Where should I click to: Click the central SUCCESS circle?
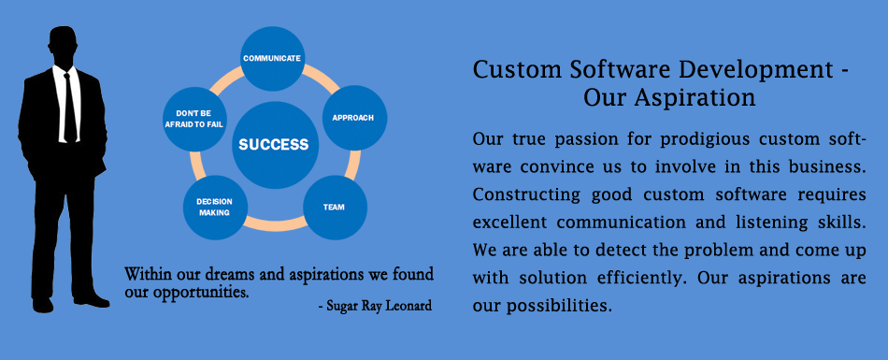[275, 145]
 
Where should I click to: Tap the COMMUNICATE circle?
[272, 58]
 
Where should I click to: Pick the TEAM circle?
[335, 208]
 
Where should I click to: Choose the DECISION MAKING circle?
[215, 208]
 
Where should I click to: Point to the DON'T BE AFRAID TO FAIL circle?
[194, 119]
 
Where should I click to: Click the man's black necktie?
[68, 107]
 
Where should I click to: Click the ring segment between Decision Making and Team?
[275, 225]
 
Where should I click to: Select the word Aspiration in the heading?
[695, 98]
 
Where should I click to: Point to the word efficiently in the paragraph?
[642, 279]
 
